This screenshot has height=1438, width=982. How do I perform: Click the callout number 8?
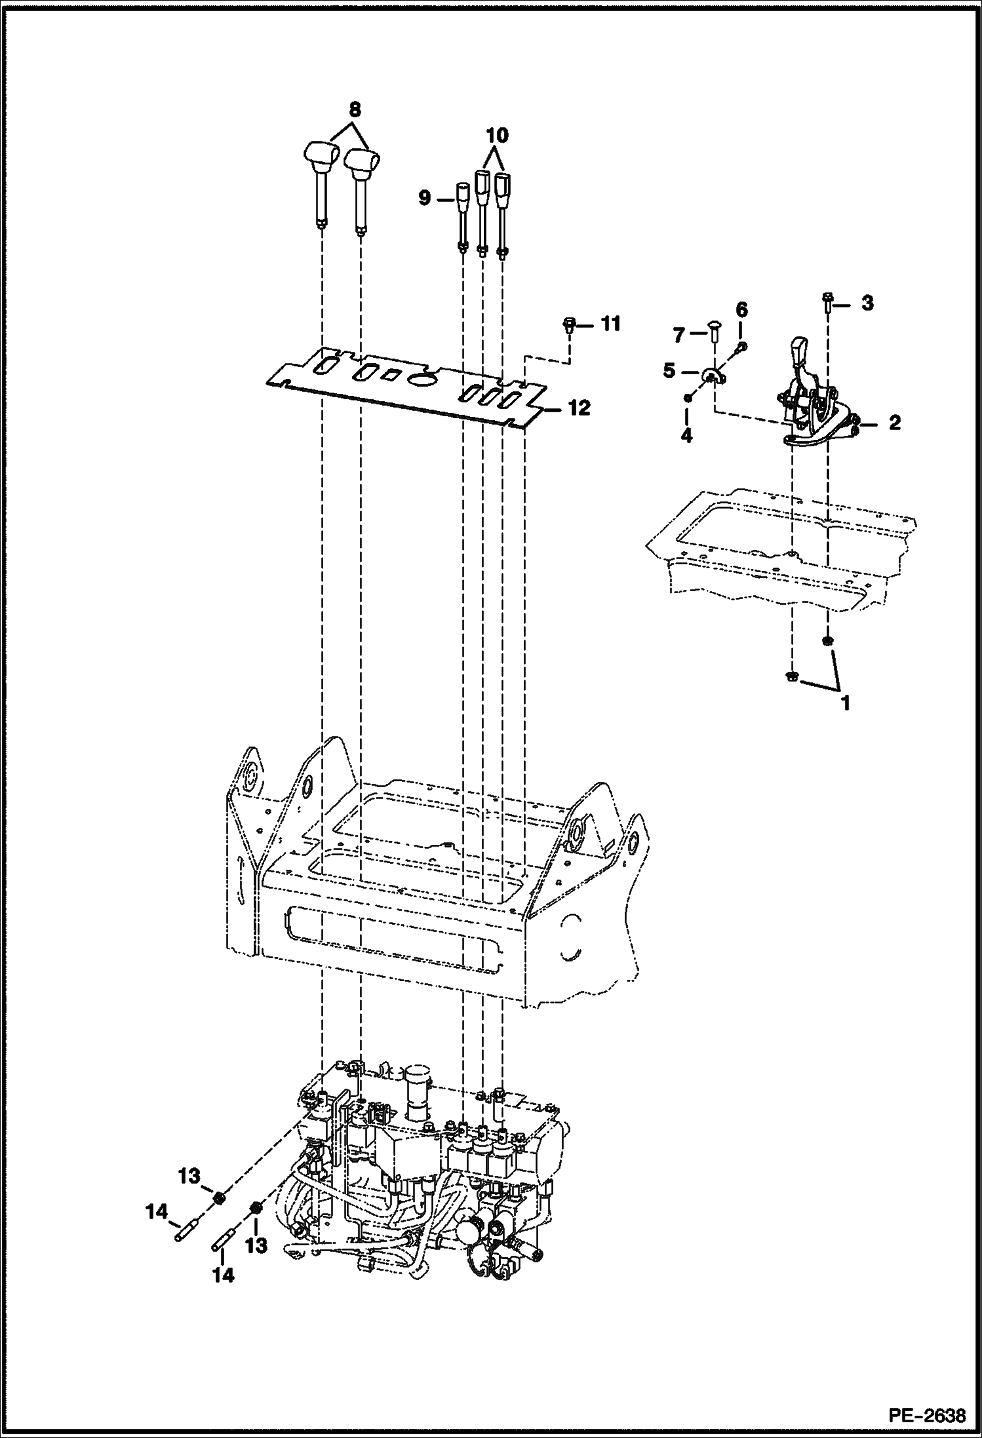click(355, 108)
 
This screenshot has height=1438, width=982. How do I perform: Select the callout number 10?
click(497, 136)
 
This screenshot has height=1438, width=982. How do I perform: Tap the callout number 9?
click(424, 197)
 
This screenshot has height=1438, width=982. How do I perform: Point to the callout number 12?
click(579, 408)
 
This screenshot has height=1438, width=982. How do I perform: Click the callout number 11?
click(610, 324)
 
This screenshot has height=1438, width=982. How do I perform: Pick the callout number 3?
click(867, 303)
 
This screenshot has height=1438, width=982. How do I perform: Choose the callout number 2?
click(894, 422)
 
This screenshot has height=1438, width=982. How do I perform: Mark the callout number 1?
click(845, 703)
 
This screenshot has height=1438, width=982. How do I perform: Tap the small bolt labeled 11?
click(569, 324)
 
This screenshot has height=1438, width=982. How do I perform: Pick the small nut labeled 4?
click(687, 397)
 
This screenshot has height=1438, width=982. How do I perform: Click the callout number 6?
click(741, 309)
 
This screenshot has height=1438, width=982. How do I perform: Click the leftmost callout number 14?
click(157, 1213)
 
